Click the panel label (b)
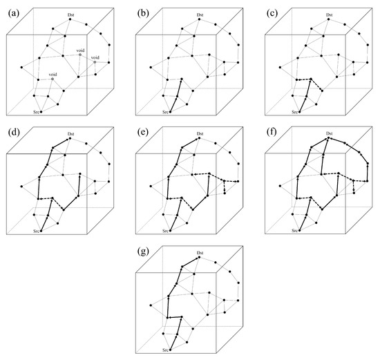point(139,6)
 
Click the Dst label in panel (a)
point(72,14)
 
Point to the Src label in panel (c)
point(294,111)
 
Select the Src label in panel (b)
point(165,111)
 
